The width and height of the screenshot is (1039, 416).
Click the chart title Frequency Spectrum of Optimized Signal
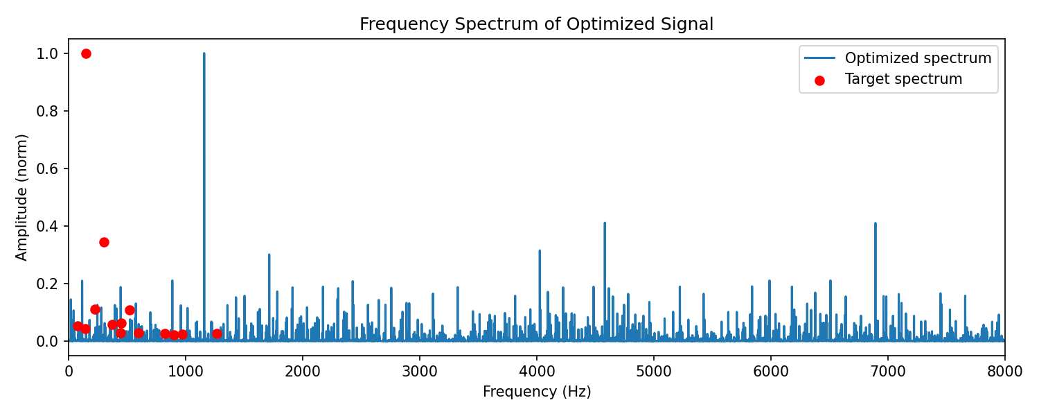536,24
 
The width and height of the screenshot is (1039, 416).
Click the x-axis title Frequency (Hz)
537,392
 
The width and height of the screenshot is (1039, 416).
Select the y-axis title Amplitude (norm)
21,198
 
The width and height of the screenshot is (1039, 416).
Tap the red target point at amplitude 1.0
86,54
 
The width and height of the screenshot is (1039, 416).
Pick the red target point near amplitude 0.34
104,243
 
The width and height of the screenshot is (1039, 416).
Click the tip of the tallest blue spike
204,53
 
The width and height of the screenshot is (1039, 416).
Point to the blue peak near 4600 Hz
605,223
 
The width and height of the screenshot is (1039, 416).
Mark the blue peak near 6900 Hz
876,223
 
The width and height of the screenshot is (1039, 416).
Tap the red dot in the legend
819,81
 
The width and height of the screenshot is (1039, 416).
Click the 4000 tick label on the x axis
537,372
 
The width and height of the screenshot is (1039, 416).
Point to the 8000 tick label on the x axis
1004,372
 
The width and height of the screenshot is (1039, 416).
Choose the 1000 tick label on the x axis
186,372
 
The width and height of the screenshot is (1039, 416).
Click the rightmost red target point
217,333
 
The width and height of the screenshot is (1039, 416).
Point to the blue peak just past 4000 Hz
540,251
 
